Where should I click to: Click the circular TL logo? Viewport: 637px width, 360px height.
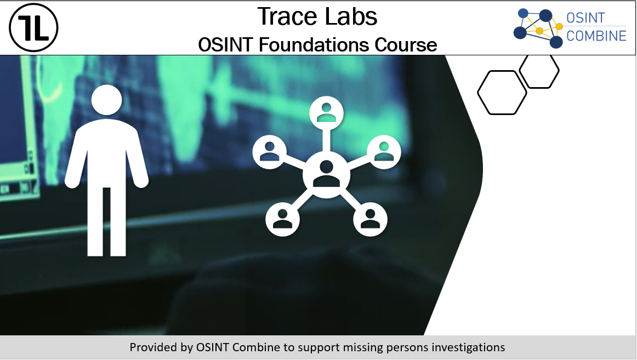pos(34,27)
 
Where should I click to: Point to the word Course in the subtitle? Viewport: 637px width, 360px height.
pos(406,44)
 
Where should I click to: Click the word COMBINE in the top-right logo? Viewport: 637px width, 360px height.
pos(596,36)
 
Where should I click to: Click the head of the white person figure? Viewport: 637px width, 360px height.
pos(106,100)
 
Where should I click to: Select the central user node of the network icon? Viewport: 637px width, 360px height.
pos(326,175)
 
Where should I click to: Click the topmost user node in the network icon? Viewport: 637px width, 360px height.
pos(326,113)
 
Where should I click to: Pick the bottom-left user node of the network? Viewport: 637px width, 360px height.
pos(282,219)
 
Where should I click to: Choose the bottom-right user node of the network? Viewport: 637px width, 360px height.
pos(370,219)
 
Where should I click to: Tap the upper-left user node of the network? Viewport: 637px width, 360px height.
pos(269,152)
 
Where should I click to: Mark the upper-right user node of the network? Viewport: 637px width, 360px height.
pos(384,152)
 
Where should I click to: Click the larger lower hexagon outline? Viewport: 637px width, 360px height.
pos(479,93)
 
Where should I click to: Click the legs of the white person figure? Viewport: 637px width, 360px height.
pos(106,221)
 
